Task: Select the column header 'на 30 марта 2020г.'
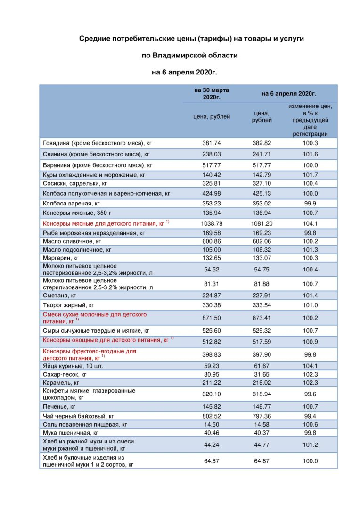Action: point(212,93)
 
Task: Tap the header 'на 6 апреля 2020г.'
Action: point(289,94)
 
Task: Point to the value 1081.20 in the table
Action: point(263,223)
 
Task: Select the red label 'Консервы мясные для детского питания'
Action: point(103,223)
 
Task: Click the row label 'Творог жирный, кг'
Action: point(69,305)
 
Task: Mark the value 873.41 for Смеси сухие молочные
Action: point(263,318)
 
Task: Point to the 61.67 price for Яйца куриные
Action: point(263,366)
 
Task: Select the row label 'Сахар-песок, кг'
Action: point(65,374)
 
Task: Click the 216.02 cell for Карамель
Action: point(263,383)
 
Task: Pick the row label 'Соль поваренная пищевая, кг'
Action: point(85,425)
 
